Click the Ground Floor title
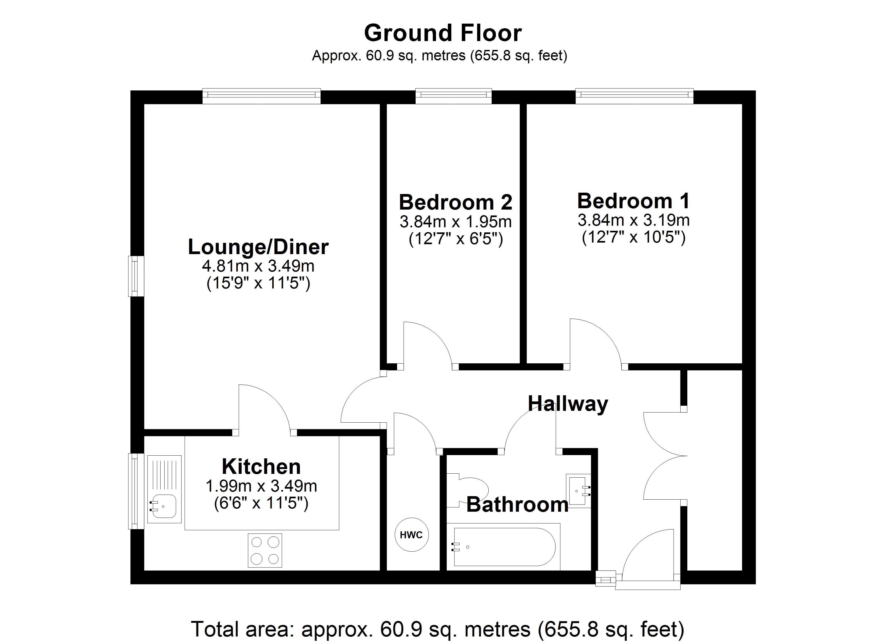click(x=443, y=34)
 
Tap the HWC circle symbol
click(x=411, y=535)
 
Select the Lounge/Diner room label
click(x=258, y=247)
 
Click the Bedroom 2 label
click(x=456, y=202)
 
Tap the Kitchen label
click(x=261, y=466)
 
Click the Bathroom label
click(x=517, y=504)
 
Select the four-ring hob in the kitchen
click(x=265, y=550)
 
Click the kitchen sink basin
click(x=163, y=506)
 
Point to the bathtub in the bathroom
click(x=504, y=547)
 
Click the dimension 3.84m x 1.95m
click(x=456, y=222)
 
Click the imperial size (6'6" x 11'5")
click(x=261, y=503)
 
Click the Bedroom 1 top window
click(x=634, y=96)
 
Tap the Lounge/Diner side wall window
click(x=136, y=276)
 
